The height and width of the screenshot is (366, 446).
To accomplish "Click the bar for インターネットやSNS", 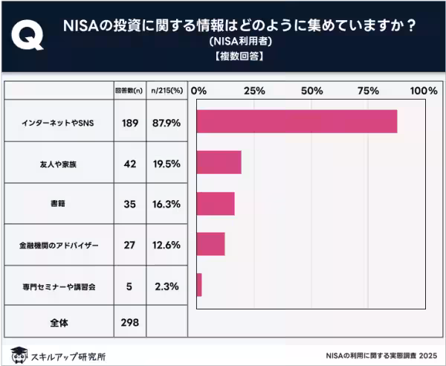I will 297,121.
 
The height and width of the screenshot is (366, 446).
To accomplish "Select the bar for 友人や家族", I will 219,163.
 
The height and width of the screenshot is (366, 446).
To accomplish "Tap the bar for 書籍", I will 216,203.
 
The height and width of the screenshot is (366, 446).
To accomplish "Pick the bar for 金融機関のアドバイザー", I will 211,244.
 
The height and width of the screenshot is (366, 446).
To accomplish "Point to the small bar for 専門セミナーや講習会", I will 199,284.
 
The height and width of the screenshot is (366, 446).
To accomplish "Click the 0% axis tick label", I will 198,90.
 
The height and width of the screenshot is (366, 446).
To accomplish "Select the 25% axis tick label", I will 255,90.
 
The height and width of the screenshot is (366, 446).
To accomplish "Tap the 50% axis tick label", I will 311,90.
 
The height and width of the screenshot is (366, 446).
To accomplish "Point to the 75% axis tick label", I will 368,90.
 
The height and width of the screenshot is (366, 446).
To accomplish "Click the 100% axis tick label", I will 424,90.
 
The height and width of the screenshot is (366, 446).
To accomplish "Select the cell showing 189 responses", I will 130,121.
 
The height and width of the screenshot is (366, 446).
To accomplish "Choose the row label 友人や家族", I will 57,163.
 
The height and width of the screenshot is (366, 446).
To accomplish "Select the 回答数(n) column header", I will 130,90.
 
